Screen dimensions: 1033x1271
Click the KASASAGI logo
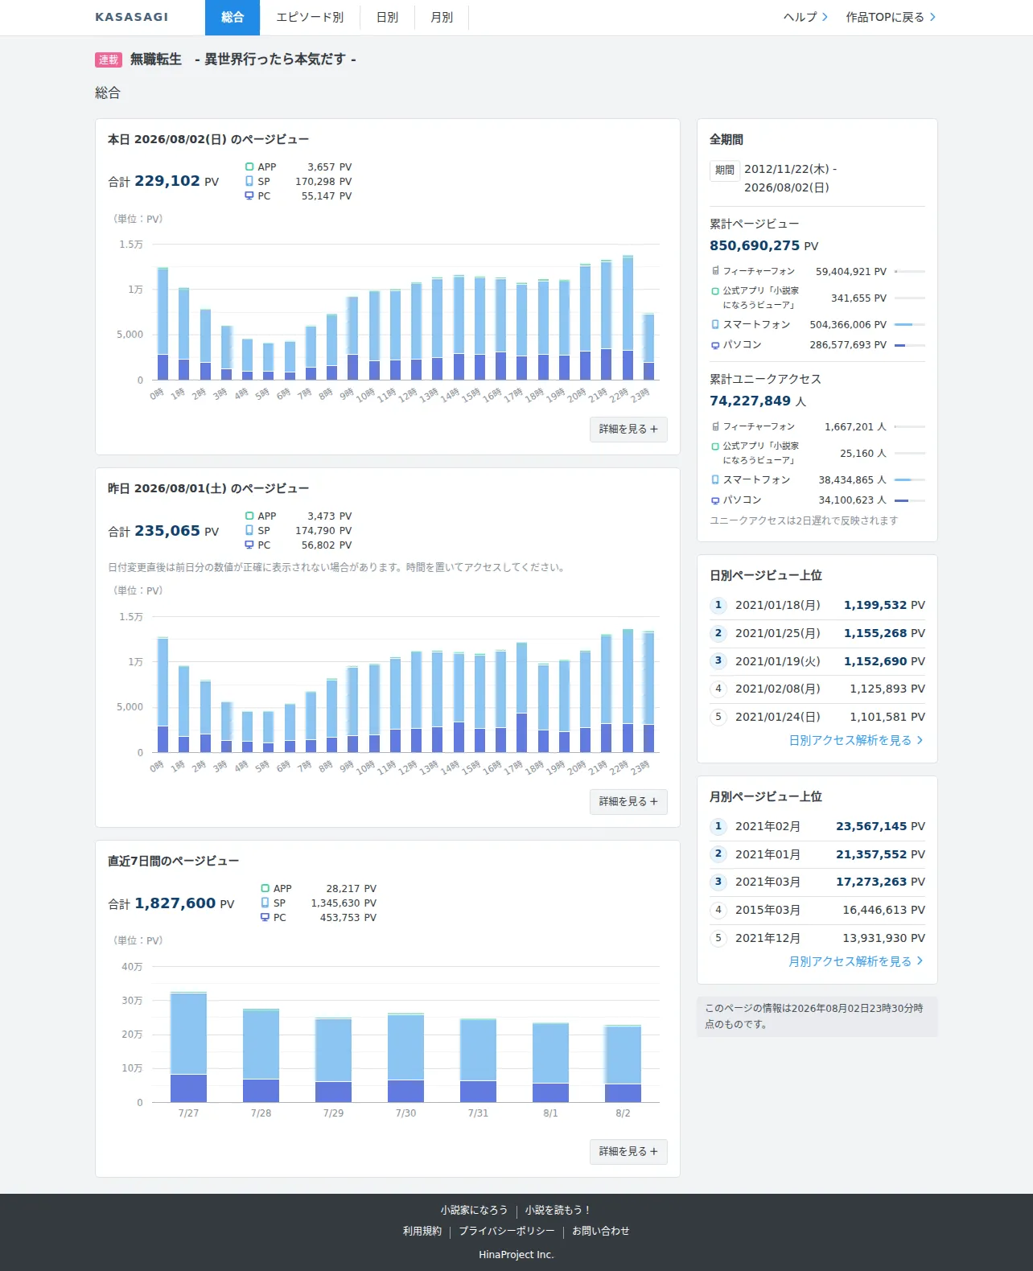pos(131,18)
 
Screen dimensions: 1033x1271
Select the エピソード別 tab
pos(310,18)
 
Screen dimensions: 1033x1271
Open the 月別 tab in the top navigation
pos(442,18)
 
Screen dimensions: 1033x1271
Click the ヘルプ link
pos(805,18)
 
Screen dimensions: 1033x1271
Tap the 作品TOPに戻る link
pos(891,18)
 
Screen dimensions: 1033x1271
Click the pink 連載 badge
pos(108,60)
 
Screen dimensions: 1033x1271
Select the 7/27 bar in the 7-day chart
pos(188,1047)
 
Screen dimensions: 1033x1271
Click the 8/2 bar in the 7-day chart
pos(623,1063)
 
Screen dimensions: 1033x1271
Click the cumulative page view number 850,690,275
pos(755,245)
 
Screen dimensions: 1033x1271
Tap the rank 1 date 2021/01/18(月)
pos(778,605)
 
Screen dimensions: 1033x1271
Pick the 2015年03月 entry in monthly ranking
pos(768,910)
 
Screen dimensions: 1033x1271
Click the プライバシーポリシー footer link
pos(507,1231)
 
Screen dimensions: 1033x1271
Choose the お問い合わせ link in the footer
pos(600,1231)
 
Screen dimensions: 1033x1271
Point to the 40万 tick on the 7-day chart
pos(132,966)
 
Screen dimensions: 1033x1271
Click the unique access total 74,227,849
pos(750,401)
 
